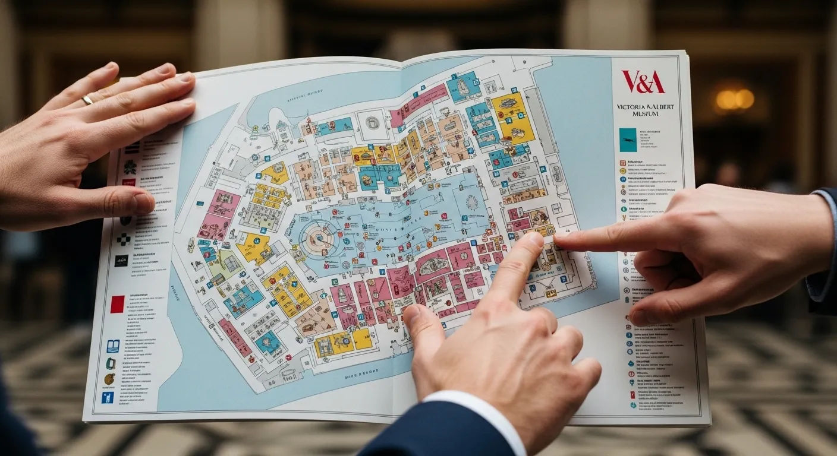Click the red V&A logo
pyautogui.click(x=643, y=81)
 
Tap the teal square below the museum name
pyautogui.click(x=628, y=140)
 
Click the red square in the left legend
pyautogui.click(x=117, y=304)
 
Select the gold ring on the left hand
pyautogui.click(x=87, y=100)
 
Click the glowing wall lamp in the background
pyautogui.click(x=735, y=99)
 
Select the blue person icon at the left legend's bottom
pyautogui.click(x=108, y=397)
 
